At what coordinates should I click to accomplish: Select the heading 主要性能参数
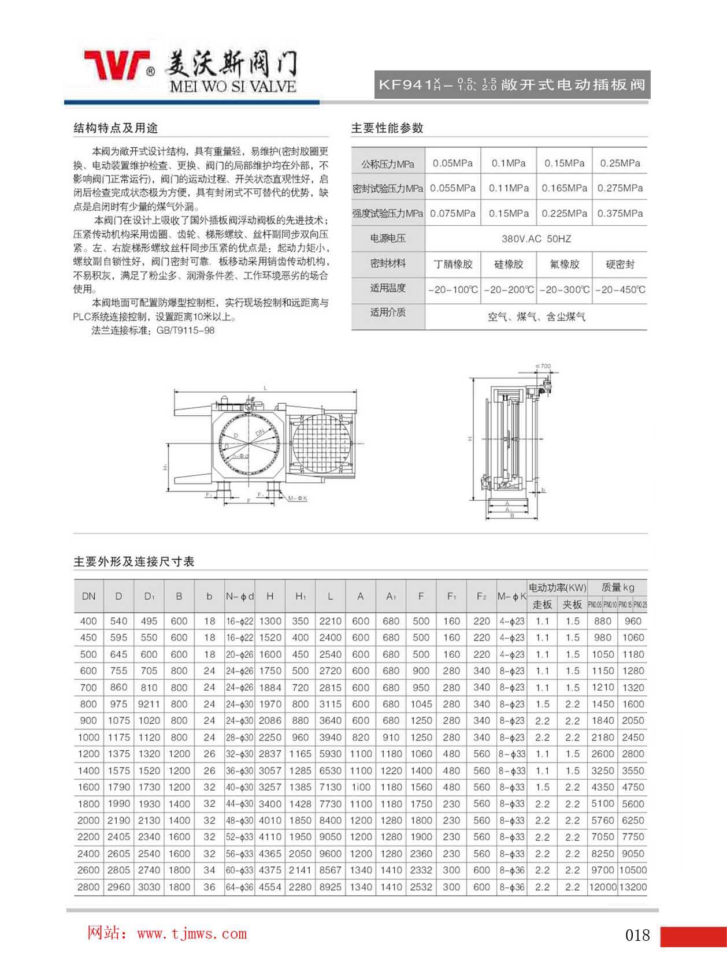pyautogui.click(x=387, y=128)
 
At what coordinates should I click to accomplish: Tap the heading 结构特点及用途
pyautogui.click(x=116, y=128)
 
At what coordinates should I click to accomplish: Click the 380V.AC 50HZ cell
pyautogui.click(x=536, y=239)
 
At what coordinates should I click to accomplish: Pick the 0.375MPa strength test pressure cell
pyautogui.click(x=620, y=213)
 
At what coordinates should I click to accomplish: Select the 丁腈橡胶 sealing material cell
pyautogui.click(x=453, y=264)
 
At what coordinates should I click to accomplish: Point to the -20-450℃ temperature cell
pyautogui.click(x=620, y=289)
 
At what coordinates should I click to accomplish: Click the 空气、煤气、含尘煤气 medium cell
pyautogui.click(x=536, y=316)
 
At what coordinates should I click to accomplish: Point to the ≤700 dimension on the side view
pyautogui.click(x=543, y=366)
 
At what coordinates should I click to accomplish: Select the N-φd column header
pyautogui.click(x=239, y=596)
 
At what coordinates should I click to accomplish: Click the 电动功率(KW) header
pyautogui.click(x=557, y=587)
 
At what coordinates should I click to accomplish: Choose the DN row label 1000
pyautogui.click(x=88, y=737)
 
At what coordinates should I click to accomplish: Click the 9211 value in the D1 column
pyautogui.click(x=149, y=704)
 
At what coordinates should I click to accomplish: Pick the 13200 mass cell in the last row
pyautogui.click(x=632, y=887)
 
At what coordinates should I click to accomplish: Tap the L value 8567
pyautogui.click(x=330, y=870)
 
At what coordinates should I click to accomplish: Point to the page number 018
pyautogui.click(x=637, y=935)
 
